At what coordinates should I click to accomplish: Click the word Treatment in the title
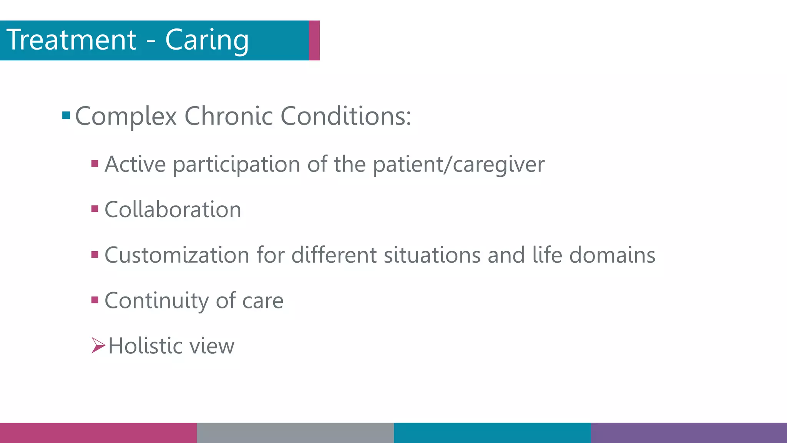coord(71,40)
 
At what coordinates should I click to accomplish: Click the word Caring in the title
coord(207,40)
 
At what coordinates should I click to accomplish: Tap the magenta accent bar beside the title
coord(314,40)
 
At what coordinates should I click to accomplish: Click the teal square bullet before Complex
coord(66,115)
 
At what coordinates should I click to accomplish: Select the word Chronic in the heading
coord(229,116)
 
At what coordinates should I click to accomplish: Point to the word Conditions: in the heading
coord(346,116)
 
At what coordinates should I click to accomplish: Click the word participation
coord(236,165)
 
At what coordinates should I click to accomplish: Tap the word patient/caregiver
coord(458,165)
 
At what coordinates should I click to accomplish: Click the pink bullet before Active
coord(95,164)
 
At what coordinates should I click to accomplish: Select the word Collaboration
coord(173,210)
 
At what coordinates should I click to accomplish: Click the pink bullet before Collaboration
coord(95,209)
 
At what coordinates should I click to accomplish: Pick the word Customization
coord(177,255)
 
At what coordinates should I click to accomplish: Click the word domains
coord(612,255)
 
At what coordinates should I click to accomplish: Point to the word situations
coord(432,255)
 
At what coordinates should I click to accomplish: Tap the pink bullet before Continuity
coord(95,300)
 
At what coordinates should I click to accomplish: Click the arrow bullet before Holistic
coord(98,345)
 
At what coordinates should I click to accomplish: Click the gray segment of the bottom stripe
coord(295,433)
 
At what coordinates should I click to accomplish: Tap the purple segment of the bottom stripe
coord(689,433)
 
